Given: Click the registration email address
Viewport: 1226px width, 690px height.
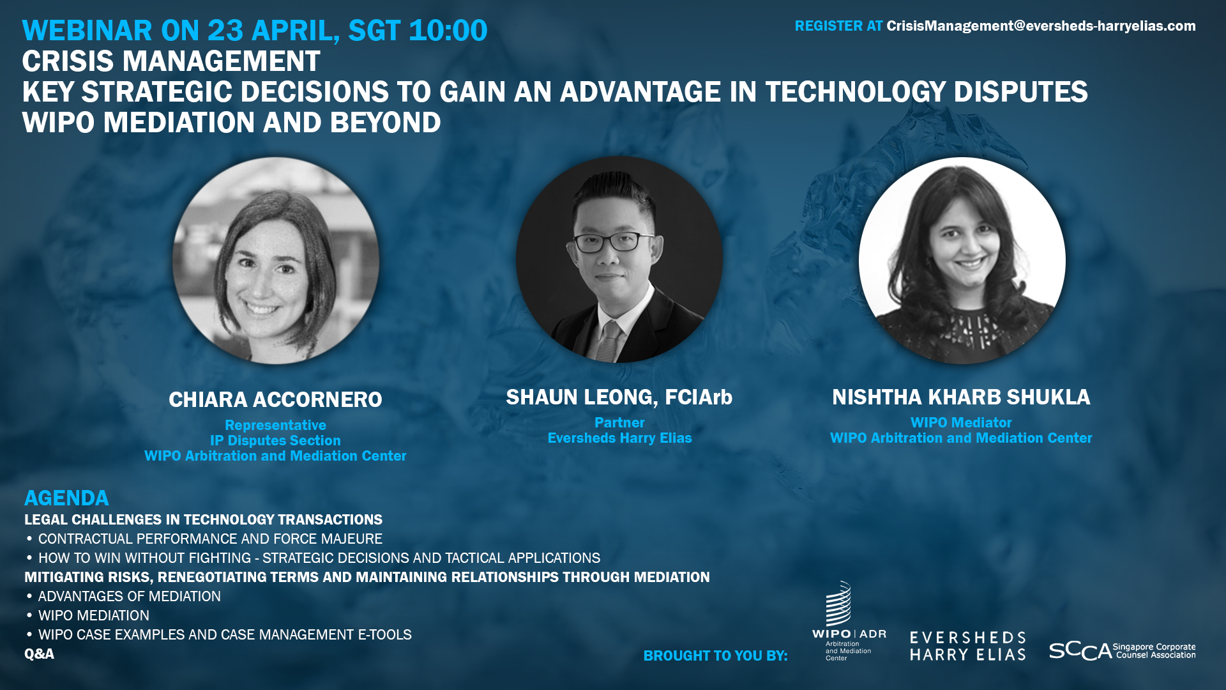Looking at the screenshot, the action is [1041, 26].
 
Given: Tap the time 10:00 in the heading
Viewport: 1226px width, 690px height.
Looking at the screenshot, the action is [448, 31].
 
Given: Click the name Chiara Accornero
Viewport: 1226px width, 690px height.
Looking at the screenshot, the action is [275, 400].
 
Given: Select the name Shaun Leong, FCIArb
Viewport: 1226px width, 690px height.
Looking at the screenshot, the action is [619, 397].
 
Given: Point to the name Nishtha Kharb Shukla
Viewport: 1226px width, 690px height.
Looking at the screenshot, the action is [961, 397].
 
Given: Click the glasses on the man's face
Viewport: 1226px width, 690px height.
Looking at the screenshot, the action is [614, 242].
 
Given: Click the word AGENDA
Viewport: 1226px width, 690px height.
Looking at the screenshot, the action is [66, 498].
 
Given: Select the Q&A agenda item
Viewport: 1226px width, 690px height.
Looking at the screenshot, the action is [39, 654].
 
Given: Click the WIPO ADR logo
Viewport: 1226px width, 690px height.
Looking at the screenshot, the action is [849, 621].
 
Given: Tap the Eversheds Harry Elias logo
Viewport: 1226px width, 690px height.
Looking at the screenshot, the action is [967, 646].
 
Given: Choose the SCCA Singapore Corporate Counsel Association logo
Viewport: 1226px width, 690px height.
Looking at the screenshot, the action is [1122, 651].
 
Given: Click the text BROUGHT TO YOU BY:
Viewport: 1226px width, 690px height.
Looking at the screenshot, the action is [715, 656].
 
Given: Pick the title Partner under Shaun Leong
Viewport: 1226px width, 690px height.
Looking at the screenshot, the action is [619, 423].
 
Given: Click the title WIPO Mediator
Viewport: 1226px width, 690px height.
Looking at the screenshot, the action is [961, 423].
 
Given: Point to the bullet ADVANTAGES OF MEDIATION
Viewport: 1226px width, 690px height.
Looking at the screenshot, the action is [130, 597].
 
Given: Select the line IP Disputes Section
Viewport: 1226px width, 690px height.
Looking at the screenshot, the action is [275, 441].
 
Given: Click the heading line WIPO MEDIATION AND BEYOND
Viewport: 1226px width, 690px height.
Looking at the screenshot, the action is [231, 123].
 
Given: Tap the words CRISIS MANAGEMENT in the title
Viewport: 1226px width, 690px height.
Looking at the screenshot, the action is [171, 61].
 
